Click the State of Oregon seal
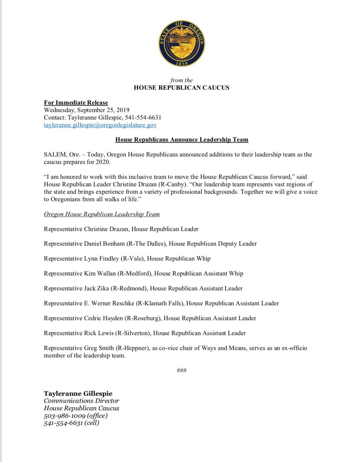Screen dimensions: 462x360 pyautogui.click(x=182, y=43)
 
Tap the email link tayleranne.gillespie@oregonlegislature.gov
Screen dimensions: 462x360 pyautogui.click(x=100, y=125)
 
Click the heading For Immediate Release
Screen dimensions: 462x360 pyautogui.click(x=76, y=103)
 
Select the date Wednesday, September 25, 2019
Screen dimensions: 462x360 pyautogui.click(x=87, y=110)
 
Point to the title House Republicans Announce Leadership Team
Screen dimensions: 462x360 pyautogui.click(x=182, y=140)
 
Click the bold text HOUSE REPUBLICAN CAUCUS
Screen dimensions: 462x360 pyautogui.click(x=181, y=88)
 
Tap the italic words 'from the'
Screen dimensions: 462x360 pyautogui.click(x=181, y=80)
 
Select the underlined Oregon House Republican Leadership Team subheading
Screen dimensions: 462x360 pyautogui.click(x=102, y=214)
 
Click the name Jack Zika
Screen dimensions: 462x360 pyautogui.click(x=97, y=289)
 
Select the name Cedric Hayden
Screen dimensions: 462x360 pyautogui.click(x=103, y=318)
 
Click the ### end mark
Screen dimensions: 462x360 pyautogui.click(x=182, y=370)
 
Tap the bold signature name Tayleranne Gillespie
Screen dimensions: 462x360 pyautogui.click(x=78, y=394)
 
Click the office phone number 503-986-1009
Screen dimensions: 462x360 pyautogui.click(x=65, y=416)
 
